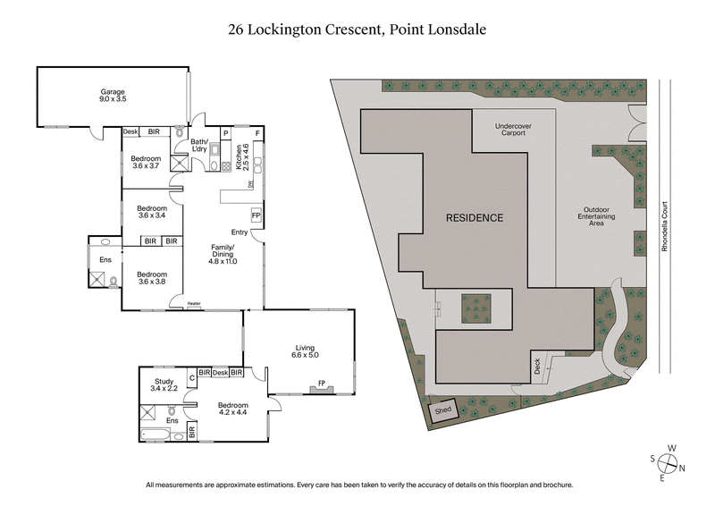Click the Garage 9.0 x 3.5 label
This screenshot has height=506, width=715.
tap(112, 96)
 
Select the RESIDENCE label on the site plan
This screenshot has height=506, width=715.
tap(475, 217)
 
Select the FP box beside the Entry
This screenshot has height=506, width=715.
tap(256, 215)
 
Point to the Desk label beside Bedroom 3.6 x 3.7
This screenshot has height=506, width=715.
tap(130, 132)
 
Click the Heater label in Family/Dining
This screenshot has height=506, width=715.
tap(194, 304)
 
